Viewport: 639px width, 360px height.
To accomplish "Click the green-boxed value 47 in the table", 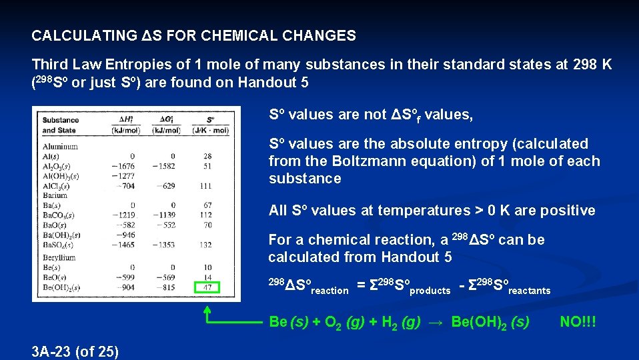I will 208,287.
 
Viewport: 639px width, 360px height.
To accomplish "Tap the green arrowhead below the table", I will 207,310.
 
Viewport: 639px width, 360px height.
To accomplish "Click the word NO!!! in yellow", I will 578,322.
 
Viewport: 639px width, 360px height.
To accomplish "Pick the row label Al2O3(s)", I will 59,166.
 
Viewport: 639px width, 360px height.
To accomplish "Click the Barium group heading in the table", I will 55,195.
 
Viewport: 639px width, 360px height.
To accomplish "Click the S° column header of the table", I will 211,121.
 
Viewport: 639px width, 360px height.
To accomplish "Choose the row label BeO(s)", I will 55,277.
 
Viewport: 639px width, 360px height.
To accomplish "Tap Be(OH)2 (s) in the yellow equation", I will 490,322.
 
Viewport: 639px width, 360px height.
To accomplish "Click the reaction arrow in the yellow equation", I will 435,322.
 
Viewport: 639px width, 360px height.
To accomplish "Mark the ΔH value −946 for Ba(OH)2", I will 125,235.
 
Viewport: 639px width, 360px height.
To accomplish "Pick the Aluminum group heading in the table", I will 59,146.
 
